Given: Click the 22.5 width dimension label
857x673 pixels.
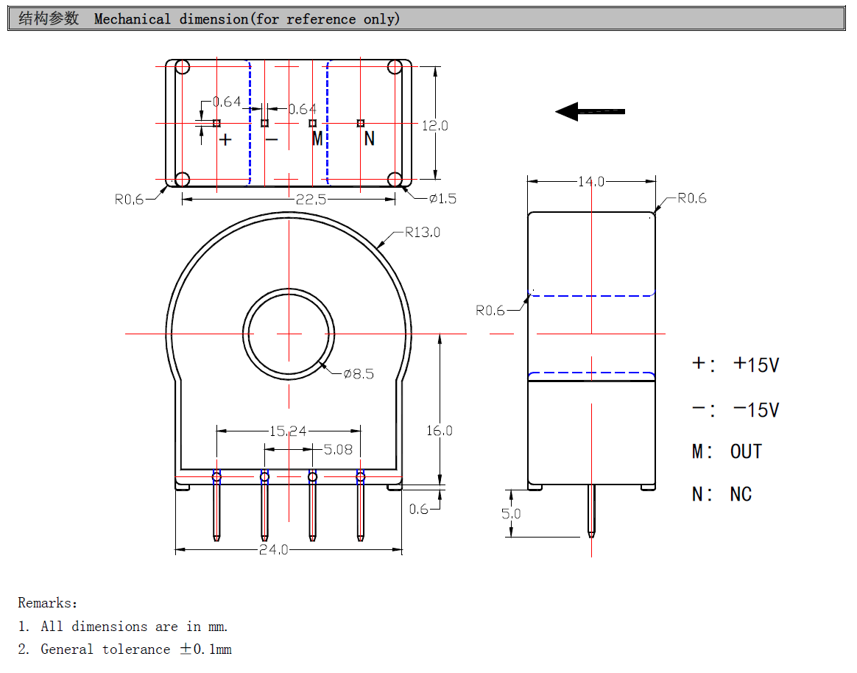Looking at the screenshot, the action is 311,200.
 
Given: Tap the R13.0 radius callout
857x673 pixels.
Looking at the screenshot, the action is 423,233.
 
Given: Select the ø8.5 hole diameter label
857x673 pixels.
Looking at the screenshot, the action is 359,374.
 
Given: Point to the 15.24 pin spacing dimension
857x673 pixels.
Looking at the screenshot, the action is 288,431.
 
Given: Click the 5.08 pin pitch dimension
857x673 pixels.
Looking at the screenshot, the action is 338,449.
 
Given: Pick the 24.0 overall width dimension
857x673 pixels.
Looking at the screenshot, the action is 273,549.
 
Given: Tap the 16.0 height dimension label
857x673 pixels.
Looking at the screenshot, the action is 440,431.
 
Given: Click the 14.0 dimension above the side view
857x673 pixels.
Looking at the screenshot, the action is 591,182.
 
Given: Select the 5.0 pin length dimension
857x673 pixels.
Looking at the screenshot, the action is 511,514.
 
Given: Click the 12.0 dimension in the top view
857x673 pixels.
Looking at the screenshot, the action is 435,126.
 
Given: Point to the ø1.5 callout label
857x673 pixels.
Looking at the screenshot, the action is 442,199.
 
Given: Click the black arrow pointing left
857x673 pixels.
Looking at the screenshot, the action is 590,111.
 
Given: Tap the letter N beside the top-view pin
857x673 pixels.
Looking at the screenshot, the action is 370,139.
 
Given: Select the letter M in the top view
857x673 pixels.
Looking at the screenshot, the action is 317,138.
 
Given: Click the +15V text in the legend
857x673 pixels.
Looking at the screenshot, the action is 756,364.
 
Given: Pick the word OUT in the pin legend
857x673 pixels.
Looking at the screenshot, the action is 746,451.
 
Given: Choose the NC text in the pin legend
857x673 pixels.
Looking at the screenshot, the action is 741,494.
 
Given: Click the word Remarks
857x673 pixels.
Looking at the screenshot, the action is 48,603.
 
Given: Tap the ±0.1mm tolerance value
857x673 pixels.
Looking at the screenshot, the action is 206,649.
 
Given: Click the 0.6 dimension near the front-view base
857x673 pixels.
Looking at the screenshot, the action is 419,510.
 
